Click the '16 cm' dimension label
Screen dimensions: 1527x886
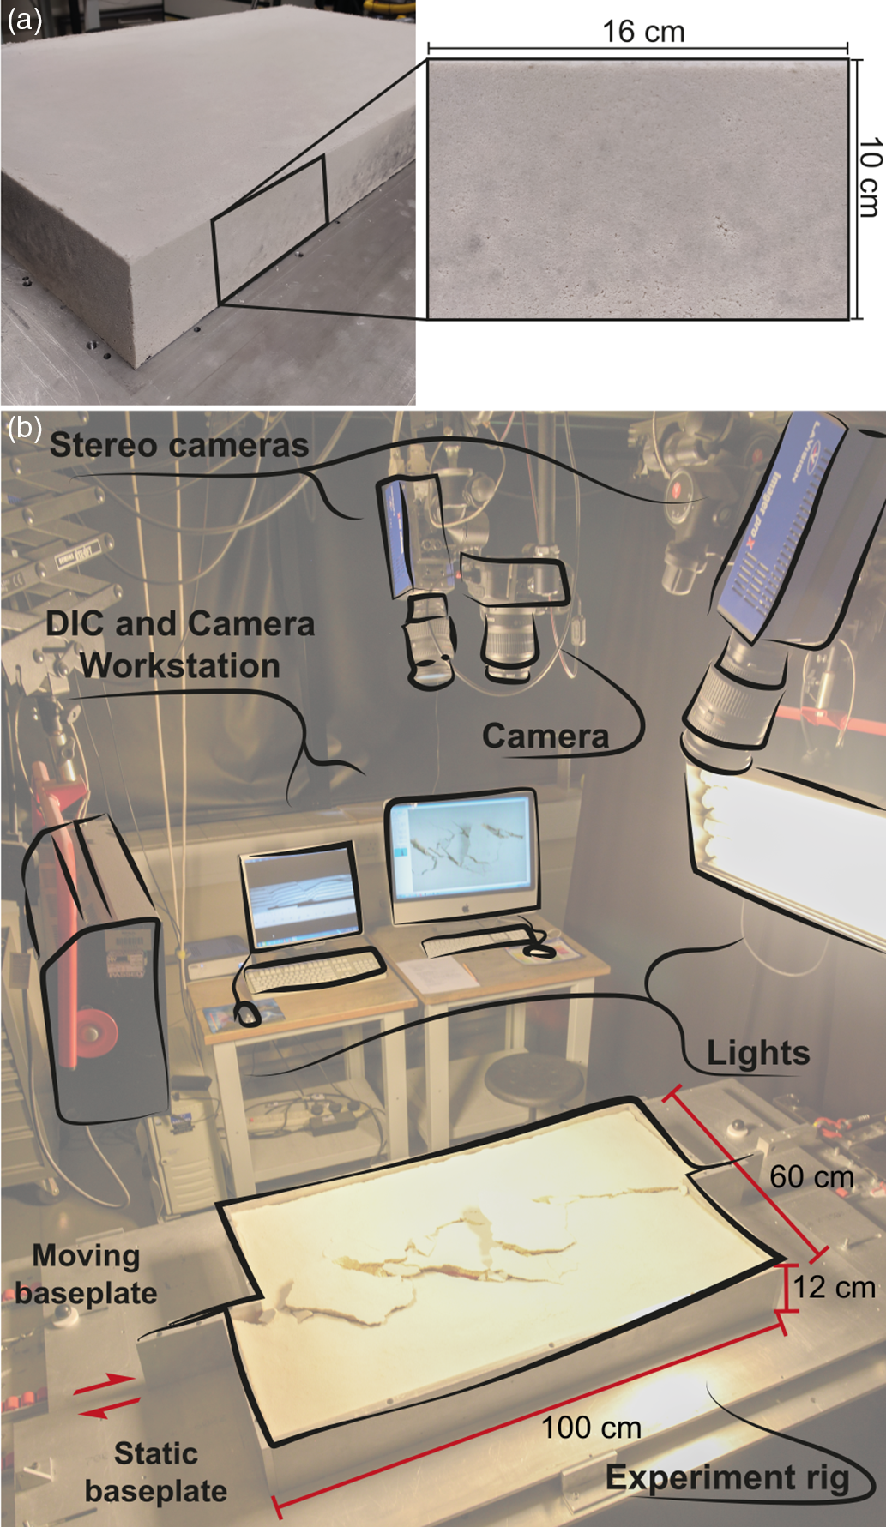tap(643, 33)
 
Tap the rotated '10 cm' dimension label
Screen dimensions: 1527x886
tap(870, 177)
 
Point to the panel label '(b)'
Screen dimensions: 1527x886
tap(24, 427)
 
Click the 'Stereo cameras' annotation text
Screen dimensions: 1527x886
tap(178, 445)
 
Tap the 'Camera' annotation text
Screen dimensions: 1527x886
tap(545, 736)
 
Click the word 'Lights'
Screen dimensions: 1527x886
tap(758, 1053)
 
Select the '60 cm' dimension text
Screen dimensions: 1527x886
tap(811, 1176)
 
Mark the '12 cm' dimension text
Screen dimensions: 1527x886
tap(834, 1287)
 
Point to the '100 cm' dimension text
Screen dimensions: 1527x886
tap(591, 1428)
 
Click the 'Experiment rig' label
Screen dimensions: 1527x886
tap(727, 1477)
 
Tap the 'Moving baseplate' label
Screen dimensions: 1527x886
tap(86, 1274)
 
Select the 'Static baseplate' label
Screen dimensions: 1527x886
tap(156, 1471)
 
